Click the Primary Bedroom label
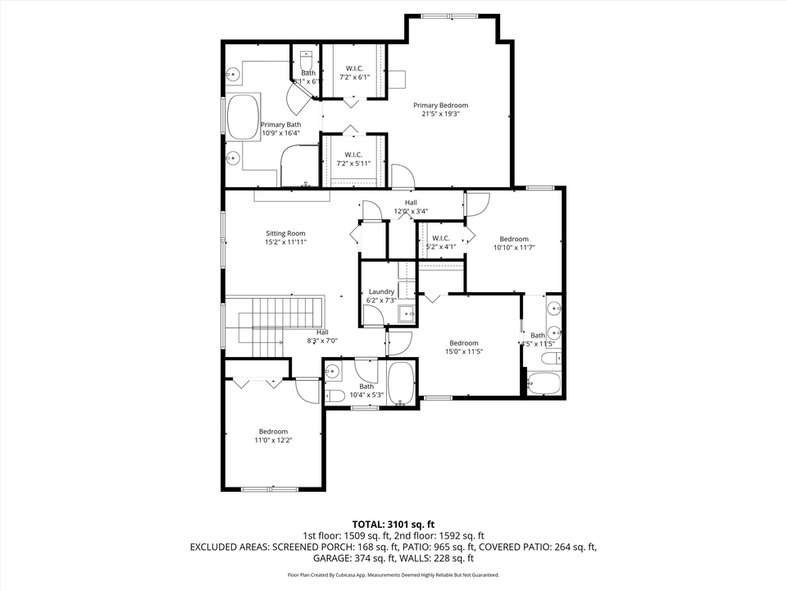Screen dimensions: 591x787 pos(440,105)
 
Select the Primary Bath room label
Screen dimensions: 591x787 pos(280,125)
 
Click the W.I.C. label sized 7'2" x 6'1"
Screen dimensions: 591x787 pos(354,68)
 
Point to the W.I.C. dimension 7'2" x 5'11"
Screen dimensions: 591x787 pos(354,163)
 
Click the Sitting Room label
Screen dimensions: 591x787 pos(284,233)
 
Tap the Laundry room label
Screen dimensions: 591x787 pos(381,291)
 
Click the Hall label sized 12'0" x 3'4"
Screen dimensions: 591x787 pos(411,203)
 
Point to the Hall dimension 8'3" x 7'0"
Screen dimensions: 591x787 pos(322,341)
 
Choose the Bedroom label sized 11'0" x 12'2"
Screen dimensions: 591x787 pos(273,432)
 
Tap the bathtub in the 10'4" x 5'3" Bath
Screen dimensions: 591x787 pos(401,383)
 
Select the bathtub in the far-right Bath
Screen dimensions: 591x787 pos(544,383)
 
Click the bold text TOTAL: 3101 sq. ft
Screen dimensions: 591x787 pos(393,524)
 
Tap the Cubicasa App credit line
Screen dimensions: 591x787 pos(393,575)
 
